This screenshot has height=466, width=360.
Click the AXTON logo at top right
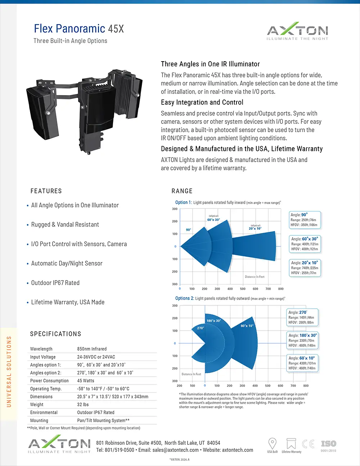click(297, 31)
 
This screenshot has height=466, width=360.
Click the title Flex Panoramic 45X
click(78, 28)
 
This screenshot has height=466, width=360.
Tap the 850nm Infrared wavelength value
click(91, 349)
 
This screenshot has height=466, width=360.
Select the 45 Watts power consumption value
click(85, 381)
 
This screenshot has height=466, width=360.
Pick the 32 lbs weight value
click(83, 404)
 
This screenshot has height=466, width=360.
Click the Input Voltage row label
click(43, 357)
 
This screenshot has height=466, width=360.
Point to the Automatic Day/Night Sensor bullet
click(67, 264)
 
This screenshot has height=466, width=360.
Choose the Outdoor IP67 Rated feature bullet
click(55, 283)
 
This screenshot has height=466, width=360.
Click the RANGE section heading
click(182, 191)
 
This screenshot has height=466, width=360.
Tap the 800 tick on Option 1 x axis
click(281, 289)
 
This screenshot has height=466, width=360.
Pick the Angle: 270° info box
click(302, 317)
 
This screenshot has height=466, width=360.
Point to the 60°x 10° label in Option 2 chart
click(247, 326)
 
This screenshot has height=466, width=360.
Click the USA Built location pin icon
click(273, 443)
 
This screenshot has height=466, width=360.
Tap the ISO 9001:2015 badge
click(328, 445)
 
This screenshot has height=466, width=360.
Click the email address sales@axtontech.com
click(175, 450)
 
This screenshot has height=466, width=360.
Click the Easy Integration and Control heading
click(202, 103)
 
